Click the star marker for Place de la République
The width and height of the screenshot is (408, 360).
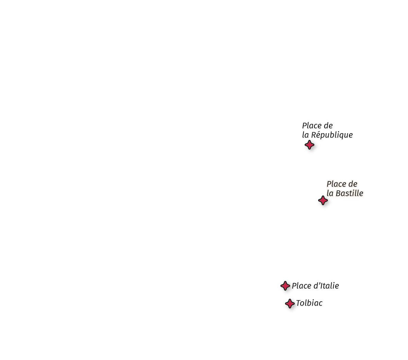point(309,145)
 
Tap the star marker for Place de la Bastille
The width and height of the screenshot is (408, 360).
point(323,200)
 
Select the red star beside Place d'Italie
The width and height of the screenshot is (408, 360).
point(285,286)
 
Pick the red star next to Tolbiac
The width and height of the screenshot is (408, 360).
point(290,304)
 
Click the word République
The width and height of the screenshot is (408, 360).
point(332,135)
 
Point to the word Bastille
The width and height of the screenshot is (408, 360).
point(350,193)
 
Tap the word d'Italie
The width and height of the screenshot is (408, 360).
point(326,286)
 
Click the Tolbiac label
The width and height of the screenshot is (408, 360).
point(309,303)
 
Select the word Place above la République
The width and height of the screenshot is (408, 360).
point(311,126)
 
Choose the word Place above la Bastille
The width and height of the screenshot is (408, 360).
point(336,184)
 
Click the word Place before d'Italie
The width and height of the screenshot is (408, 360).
point(301,286)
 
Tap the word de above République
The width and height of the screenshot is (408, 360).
point(328,126)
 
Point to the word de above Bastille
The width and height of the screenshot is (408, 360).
point(353,184)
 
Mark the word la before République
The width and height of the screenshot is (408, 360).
point(305,135)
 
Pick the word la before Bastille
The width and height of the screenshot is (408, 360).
point(330,193)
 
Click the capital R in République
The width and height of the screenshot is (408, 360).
point(313,135)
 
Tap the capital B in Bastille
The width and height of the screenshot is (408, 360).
point(338,193)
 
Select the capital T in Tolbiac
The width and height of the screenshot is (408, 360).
point(299,303)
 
